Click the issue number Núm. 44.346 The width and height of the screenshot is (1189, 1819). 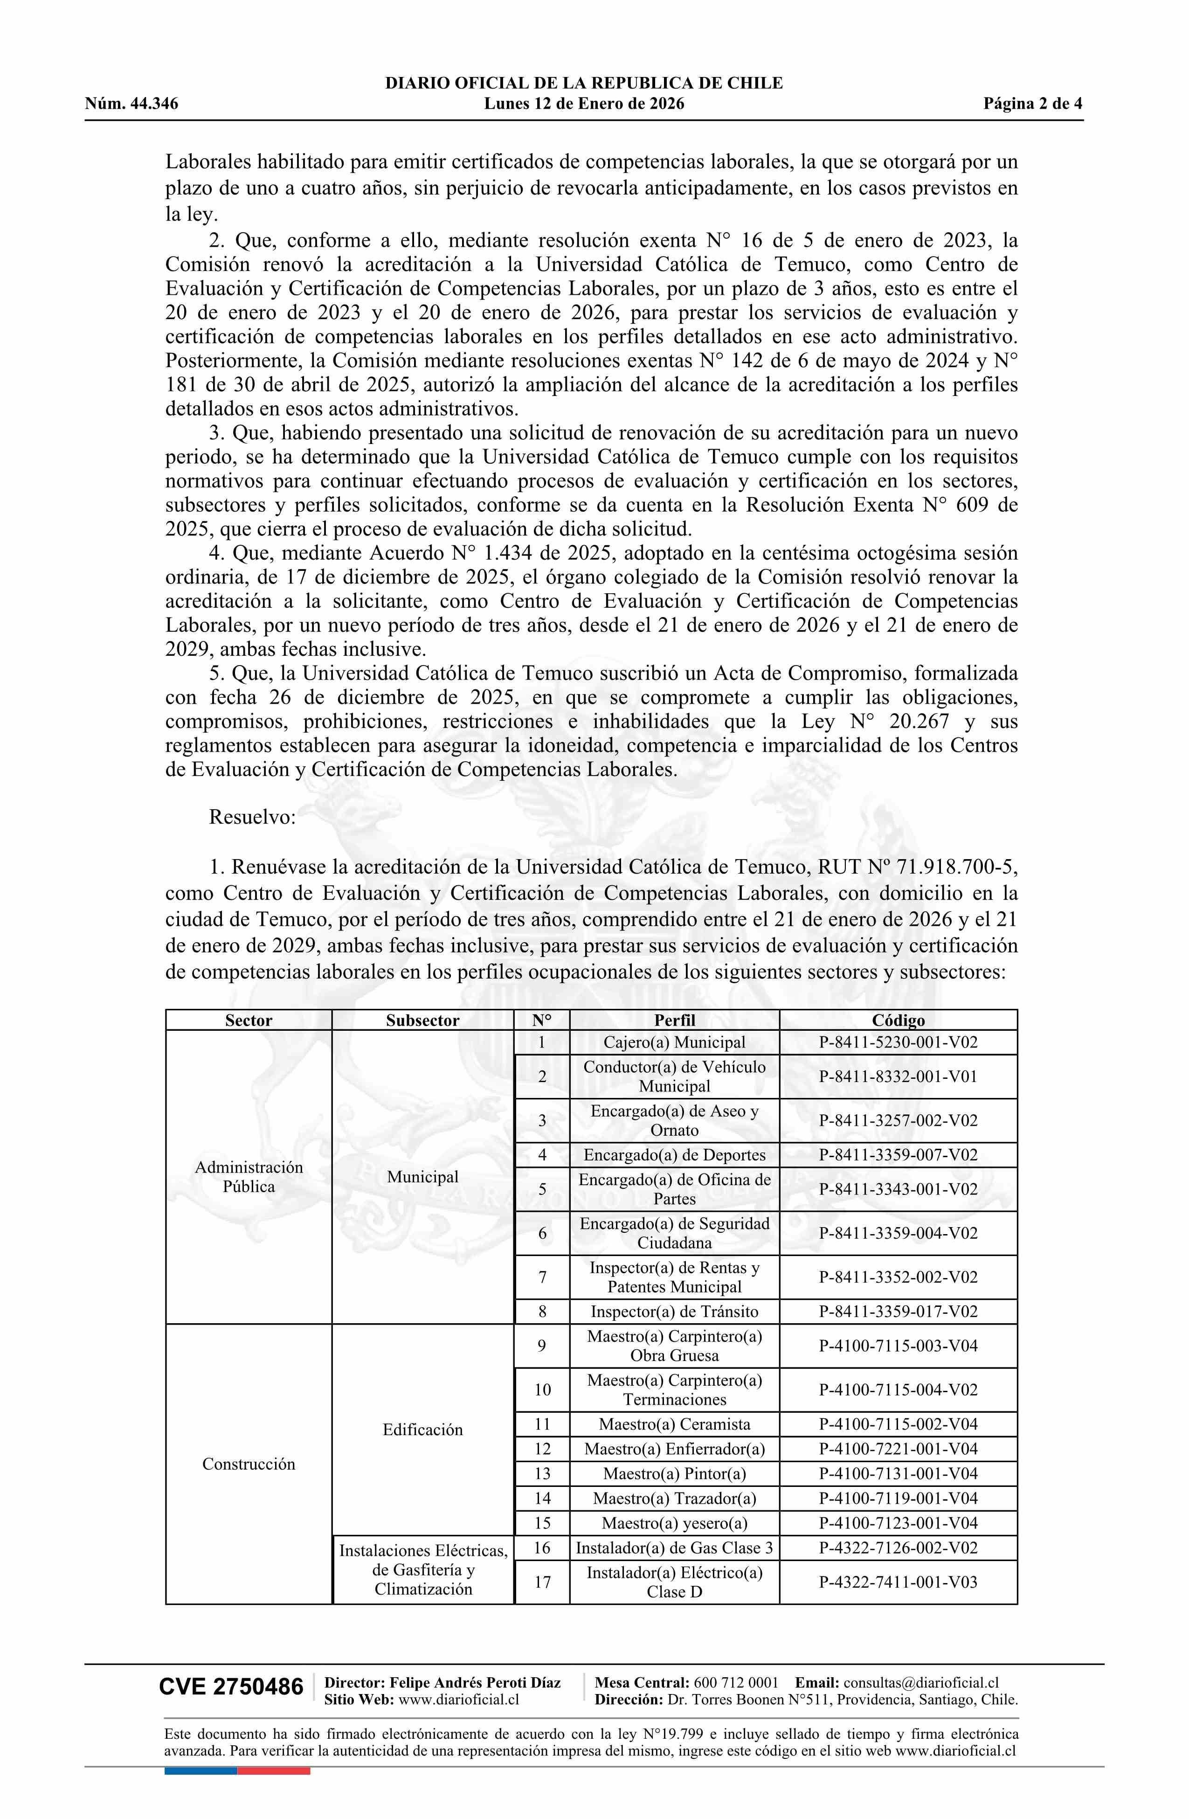pyautogui.click(x=131, y=104)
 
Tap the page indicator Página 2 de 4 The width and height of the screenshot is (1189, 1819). pyautogui.click(x=1032, y=104)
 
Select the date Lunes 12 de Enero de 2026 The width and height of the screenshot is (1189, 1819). pyautogui.click(x=584, y=104)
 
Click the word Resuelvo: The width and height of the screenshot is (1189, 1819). pyautogui.click(x=252, y=817)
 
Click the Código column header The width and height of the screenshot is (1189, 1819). pyautogui.click(x=898, y=1021)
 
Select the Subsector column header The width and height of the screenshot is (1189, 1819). pyautogui.click(x=422, y=1021)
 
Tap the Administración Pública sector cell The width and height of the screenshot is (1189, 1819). pyautogui.click(x=249, y=1177)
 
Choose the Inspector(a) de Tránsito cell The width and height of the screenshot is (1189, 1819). pyautogui.click(x=674, y=1312)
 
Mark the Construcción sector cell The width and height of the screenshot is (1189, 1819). pyautogui.click(x=249, y=1464)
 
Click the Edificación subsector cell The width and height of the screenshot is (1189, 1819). pyautogui.click(x=422, y=1429)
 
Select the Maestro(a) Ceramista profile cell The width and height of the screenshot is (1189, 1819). pyautogui.click(x=674, y=1424)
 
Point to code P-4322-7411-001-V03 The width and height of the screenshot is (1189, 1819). pyautogui.click(x=898, y=1582)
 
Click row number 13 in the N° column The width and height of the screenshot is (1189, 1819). pyautogui.click(x=542, y=1473)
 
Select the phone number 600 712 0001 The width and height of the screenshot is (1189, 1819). pyautogui.click(x=736, y=1682)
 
